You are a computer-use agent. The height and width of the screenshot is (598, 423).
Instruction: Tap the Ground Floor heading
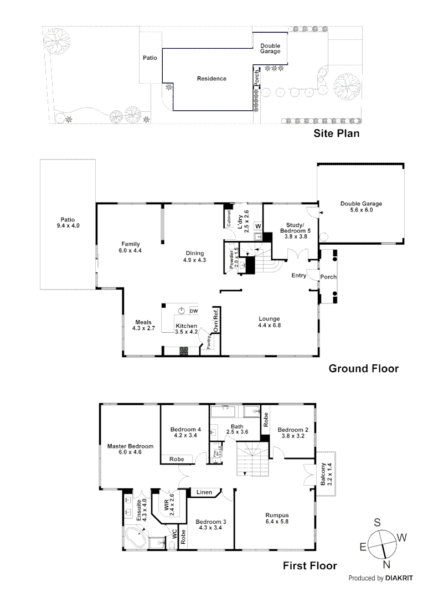364,368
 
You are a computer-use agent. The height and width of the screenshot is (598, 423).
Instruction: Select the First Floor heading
309,566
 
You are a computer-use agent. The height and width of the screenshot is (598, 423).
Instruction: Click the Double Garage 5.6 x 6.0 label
361,207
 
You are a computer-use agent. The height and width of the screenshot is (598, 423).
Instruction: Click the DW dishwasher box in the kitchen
193,311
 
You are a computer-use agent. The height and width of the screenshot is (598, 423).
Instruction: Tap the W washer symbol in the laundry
257,225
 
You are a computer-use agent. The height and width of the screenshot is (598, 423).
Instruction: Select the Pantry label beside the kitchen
209,343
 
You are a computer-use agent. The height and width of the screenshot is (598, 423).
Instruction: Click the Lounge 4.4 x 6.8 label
269,322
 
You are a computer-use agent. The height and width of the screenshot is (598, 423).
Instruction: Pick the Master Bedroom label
130,449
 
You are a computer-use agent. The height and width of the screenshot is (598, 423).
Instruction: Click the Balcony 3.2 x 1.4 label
326,474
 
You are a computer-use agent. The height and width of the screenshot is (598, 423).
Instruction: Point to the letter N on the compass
386,564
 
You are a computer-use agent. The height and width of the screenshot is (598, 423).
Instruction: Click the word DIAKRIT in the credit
400,578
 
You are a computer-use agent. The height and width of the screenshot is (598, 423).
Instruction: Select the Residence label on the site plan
211,79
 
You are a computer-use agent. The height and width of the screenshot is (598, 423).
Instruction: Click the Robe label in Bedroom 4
177,458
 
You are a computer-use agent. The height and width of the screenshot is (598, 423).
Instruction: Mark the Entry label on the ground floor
300,275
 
